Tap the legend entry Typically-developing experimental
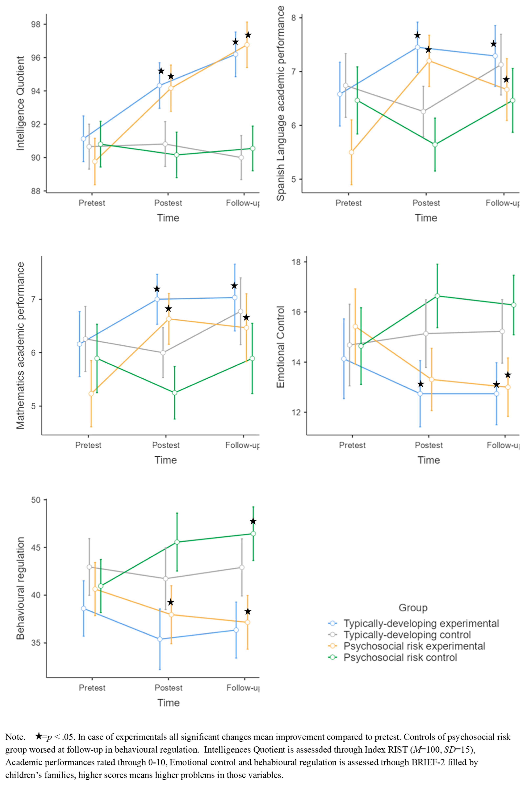click(x=421, y=623)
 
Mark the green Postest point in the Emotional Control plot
click(x=437, y=296)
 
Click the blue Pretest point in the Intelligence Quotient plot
click(x=83, y=139)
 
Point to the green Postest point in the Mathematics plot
click(x=174, y=392)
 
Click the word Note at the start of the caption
click(x=15, y=737)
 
